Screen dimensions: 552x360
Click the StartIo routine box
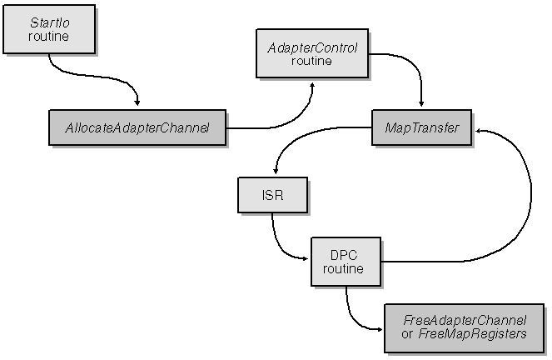[49, 29]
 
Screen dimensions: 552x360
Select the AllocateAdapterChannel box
[137, 127]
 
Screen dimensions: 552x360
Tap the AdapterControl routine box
[312, 53]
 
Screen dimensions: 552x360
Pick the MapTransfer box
[422, 127]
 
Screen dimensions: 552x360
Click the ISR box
[273, 195]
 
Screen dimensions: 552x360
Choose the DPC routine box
[346, 262]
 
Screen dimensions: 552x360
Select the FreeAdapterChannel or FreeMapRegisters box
[465, 328]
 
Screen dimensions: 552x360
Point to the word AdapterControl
[312, 47]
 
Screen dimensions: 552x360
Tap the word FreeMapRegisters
[472, 334]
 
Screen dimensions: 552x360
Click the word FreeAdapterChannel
[465, 321]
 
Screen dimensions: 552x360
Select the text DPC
[344, 255]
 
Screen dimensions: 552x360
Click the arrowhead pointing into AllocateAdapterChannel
[137, 102]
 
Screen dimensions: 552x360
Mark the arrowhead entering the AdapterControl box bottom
[311, 86]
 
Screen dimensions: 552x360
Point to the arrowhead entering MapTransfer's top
[421, 103]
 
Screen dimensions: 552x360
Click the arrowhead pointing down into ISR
[276, 171]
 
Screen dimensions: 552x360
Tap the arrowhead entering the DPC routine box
[305, 259]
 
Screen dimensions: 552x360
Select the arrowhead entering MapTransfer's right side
[479, 131]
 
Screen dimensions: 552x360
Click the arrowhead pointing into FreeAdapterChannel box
[379, 330]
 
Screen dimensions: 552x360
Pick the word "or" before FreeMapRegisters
[406, 334]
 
